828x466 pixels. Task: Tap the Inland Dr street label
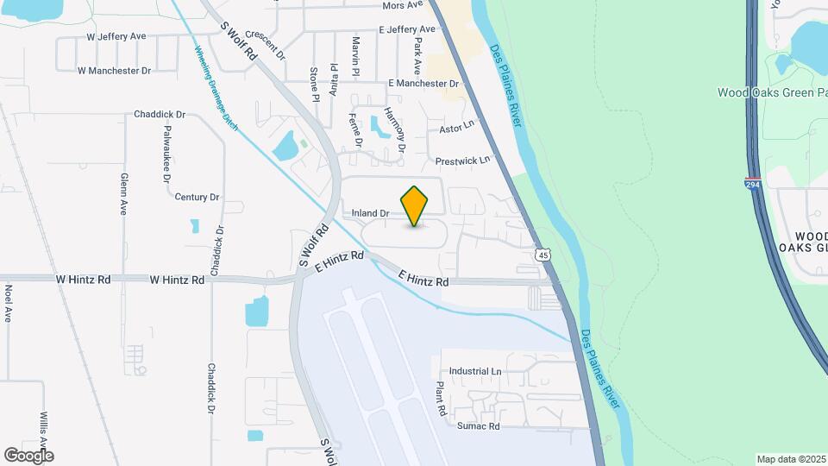(x=371, y=212)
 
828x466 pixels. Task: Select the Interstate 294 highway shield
(x=753, y=183)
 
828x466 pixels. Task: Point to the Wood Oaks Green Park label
(x=771, y=92)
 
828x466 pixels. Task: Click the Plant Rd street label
(x=440, y=399)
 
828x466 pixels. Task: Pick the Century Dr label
(x=197, y=197)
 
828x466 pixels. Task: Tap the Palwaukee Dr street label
(x=166, y=154)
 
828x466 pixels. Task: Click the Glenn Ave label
(x=124, y=192)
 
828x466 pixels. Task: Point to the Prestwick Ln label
(x=462, y=161)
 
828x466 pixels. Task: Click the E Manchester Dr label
(x=423, y=83)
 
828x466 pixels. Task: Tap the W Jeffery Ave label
(x=116, y=37)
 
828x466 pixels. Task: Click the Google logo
(x=29, y=455)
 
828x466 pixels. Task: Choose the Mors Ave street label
(x=403, y=5)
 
